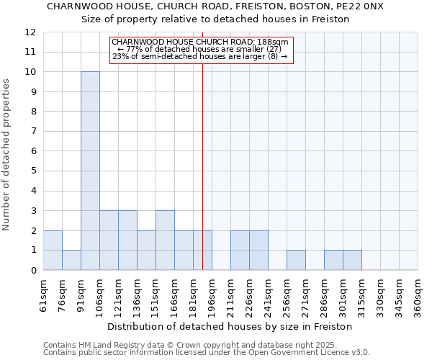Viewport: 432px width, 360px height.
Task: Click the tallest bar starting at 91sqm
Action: pos(90,171)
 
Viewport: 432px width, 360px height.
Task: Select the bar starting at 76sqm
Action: pos(71,260)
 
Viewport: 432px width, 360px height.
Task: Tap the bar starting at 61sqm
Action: pos(53,250)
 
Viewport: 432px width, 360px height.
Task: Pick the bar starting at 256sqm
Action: pos(296,260)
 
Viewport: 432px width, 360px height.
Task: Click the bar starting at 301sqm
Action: pos(352,260)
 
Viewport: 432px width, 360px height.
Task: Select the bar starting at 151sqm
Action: pos(165,240)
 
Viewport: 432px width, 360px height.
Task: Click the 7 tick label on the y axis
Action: pos(33,132)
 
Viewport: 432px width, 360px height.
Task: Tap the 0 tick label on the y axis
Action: pos(33,270)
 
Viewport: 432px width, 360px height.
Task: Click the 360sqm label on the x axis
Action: pos(418,296)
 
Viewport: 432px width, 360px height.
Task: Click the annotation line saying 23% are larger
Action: pos(200,57)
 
